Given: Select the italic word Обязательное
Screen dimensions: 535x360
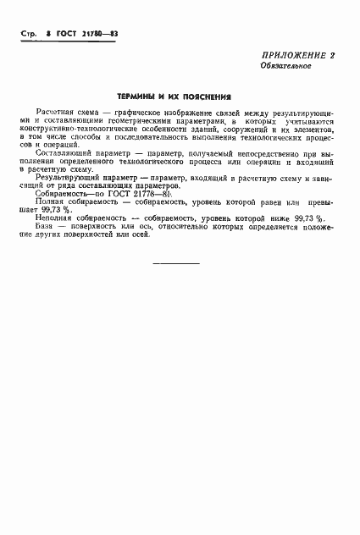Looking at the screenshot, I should pos(285,65).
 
